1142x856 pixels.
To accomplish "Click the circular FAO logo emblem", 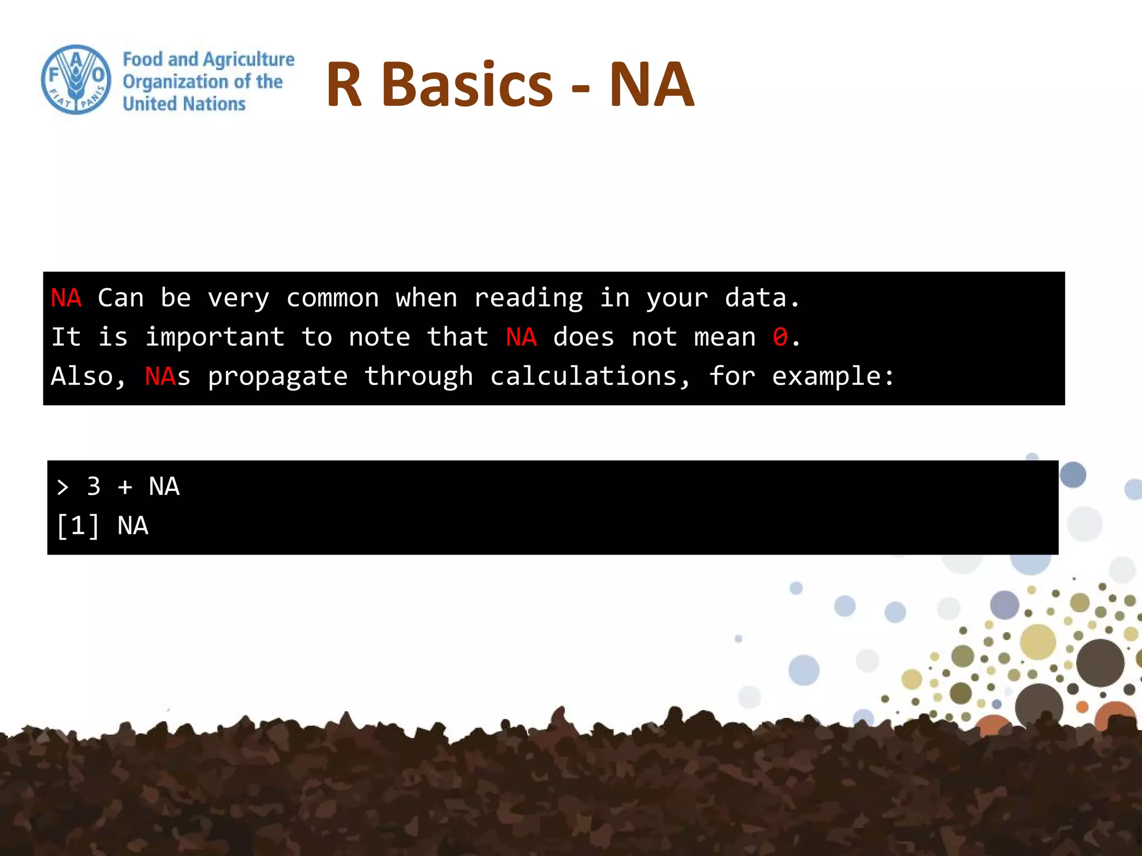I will pos(76,80).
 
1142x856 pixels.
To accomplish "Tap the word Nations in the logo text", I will pos(214,104).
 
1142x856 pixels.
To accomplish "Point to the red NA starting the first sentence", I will pos(66,298).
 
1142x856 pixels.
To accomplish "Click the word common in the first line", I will pos(332,298).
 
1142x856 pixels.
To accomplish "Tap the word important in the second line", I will pos(215,337).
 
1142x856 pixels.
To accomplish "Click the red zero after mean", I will pos(780,337).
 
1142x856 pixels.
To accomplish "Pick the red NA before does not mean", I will pos(521,337).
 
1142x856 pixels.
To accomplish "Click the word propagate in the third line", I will pos(278,377).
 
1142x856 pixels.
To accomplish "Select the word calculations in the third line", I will pos(583,377).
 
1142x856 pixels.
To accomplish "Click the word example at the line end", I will pos(826,377).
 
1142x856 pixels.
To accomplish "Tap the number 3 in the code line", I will pos(94,487).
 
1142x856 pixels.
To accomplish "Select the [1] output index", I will pos(78,526).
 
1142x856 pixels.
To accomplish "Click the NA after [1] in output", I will pos(133,526).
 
